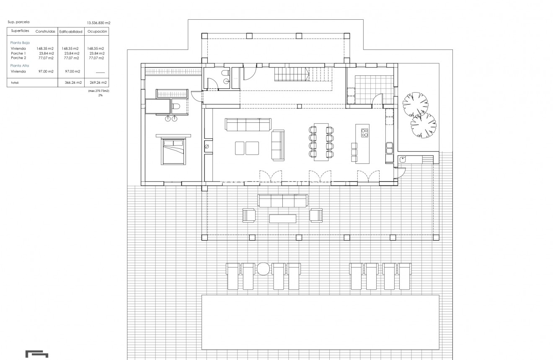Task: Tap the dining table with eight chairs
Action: (321, 142)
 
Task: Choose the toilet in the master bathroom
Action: (176, 106)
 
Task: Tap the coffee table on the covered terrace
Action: (282, 218)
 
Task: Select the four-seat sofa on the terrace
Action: (283, 201)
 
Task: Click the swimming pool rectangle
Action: (320, 322)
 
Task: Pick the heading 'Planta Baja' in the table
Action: (20, 43)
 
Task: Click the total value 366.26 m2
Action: (73, 83)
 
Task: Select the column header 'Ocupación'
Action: (97, 31)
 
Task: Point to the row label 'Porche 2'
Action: (18, 58)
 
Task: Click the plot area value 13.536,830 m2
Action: (98, 23)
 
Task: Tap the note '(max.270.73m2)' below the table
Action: (98, 91)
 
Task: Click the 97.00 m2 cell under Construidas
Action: (46, 72)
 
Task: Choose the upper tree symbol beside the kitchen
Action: (415, 104)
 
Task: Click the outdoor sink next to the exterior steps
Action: (403, 159)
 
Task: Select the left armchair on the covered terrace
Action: (249, 215)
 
